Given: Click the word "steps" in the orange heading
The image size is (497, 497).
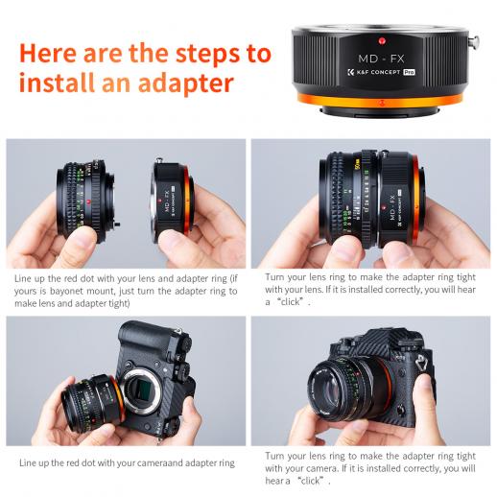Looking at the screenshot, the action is pos(208,54).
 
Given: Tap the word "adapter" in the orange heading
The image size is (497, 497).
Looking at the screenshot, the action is pos(186,83).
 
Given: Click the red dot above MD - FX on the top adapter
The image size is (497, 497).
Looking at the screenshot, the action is pos(382,41).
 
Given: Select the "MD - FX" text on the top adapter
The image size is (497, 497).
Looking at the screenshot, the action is pos(381,59).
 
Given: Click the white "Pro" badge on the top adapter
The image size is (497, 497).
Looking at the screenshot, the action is pos(409,72).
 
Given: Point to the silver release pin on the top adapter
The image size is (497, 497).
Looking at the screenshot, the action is pos(473,41).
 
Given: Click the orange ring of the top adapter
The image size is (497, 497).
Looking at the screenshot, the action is pos(380,102).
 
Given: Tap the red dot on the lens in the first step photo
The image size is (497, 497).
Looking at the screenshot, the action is pos(88,201).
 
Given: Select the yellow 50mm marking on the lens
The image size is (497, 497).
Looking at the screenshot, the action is pos(357,163).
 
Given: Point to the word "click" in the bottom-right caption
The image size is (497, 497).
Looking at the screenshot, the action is pos(310,481).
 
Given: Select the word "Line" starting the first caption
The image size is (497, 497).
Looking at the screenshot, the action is pos(22,278).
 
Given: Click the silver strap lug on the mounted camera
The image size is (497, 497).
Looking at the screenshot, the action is pos(421,363).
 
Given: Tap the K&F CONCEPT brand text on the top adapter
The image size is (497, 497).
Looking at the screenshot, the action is pos(378,72).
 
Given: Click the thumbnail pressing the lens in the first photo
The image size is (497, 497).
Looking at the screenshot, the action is pos(83,234).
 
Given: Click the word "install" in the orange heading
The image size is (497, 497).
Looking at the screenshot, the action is pos(57,83).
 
